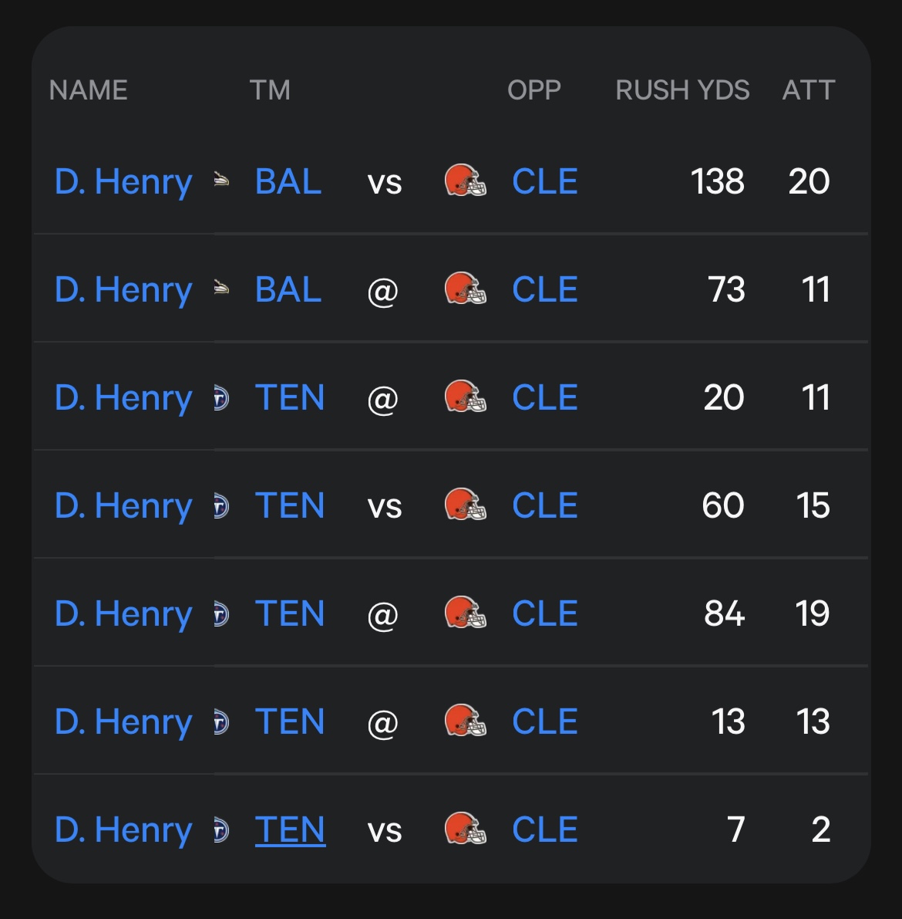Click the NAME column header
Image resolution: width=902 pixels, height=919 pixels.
click(89, 90)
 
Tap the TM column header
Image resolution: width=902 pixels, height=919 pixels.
click(270, 90)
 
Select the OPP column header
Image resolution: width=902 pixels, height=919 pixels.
click(534, 90)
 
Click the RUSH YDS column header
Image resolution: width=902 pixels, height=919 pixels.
click(682, 90)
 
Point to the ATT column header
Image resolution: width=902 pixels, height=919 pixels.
click(809, 90)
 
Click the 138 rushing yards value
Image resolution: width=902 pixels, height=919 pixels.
click(718, 181)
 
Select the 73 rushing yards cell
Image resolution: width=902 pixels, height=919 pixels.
click(726, 289)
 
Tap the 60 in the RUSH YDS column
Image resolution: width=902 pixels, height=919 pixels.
click(723, 505)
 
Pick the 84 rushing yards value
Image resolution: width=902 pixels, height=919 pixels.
click(725, 613)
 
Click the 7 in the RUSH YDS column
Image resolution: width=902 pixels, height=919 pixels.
click(736, 829)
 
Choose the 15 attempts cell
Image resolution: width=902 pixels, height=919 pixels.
click(813, 505)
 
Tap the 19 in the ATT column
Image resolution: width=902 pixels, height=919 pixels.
click(813, 613)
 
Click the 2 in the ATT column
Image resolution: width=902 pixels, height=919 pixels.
click(821, 829)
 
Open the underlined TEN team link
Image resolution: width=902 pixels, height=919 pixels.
click(290, 830)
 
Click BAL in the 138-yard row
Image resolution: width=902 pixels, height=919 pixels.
click(288, 181)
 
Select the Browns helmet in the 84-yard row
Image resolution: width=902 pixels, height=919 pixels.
click(466, 613)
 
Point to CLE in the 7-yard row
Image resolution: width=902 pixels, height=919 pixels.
click(545, 829)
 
